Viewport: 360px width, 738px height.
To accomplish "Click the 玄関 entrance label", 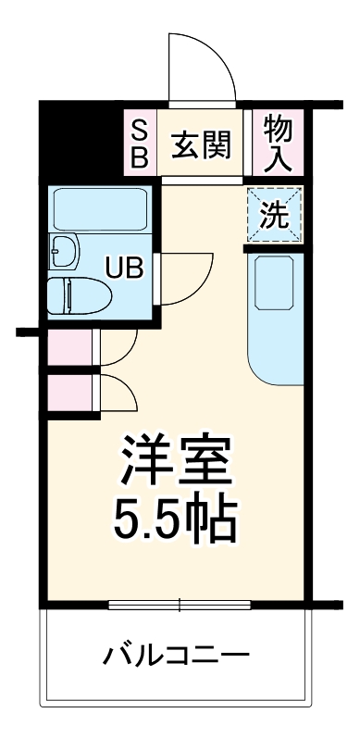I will click(199, 145).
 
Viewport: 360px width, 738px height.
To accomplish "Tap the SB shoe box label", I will click(139, 144).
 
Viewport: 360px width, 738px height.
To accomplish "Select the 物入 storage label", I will click(277, 144).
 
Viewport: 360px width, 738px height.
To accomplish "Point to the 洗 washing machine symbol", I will click(274, 216).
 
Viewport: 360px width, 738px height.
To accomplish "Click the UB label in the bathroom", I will click(125, 269).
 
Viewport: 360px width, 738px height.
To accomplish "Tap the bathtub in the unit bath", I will click(99, 212).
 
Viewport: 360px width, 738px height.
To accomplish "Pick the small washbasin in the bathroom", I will click(65, 249).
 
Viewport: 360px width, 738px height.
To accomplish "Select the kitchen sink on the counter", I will click(275, 286).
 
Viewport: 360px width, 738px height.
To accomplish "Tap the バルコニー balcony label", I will click(177, 657).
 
